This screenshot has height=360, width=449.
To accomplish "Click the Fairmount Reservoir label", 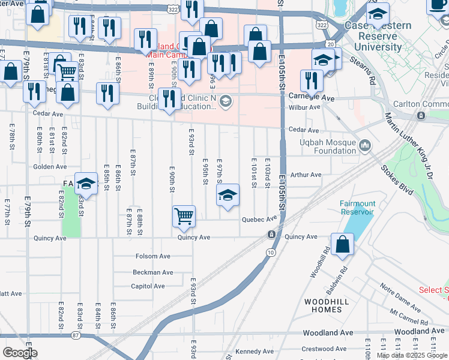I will click(x=357, y=208).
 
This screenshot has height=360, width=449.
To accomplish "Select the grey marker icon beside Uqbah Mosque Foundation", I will click(x=366, y=145).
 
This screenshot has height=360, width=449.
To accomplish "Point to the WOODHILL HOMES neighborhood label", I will click(x=323, y=305).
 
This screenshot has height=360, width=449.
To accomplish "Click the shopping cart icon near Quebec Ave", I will click(x=184, y=216).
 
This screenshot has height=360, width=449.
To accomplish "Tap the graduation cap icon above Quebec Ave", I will click(x=228, y=196).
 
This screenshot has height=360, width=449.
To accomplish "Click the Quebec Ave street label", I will click(x=258, y=220).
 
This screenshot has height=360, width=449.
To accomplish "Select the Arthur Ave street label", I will click(x=306, y=175).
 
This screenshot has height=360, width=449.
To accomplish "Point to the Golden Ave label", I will click(x=50, y=167).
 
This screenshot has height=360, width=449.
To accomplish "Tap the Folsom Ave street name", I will click(x=153, y=256).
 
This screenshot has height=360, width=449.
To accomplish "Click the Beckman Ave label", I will click(x=153, y=272).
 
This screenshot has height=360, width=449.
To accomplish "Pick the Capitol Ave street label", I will click(x=148, y=286).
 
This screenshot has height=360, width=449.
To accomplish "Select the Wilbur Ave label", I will click(x=306, y=107).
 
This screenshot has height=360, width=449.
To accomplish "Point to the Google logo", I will click(x=20, y=352).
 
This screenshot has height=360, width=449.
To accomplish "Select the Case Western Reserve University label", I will click(x=377, y=36).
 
